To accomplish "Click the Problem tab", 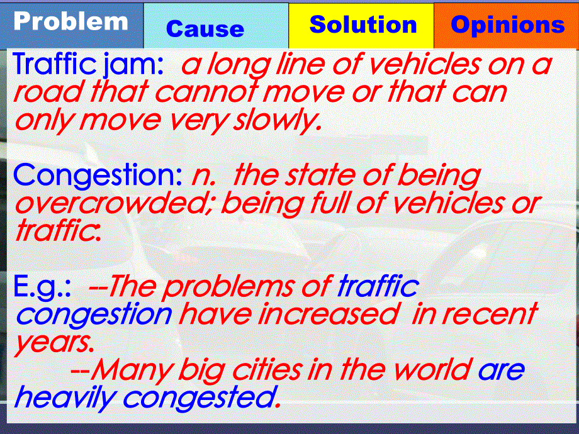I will click(x=71, y=22).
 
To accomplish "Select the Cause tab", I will click(x=205, y=29).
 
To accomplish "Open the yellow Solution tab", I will click(x=363, y=25).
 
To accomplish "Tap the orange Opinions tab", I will click(x=507, y=25).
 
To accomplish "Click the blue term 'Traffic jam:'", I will click(x=88, y=65).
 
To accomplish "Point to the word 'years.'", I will click(x=54, y=343).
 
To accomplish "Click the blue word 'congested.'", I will click(x=202, y=398).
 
